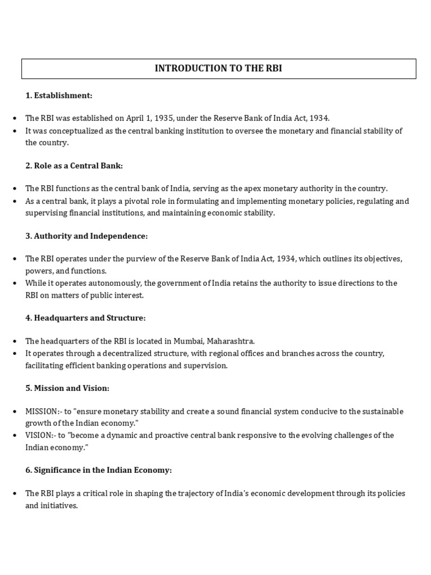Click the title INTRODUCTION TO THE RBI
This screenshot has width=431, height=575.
tap(219, 69)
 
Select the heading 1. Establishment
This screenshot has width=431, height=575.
tap(58, 95)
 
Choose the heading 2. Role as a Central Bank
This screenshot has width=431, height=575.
tap(74, 166)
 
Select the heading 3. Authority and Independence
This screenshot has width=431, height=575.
tap(86, 236)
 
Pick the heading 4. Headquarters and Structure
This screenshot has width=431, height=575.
tap(85, 318)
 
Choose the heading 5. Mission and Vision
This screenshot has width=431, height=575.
tap(67, 388)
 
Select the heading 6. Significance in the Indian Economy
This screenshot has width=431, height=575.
tap(98, 470)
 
